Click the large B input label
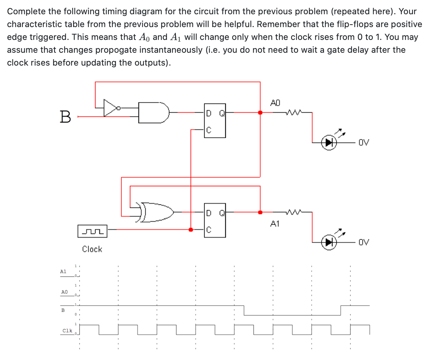[x=65, y=117]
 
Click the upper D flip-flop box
[x=215, y=120]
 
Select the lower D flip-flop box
[x=215, y=220]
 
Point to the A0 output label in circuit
[x=275, y=103]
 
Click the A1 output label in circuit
[x=275, y=224]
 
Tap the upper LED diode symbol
[x=329, y=143]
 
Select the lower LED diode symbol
[x=329, y=242]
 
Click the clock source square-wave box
[x=92, y=231]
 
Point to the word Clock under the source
[x=92, y=249]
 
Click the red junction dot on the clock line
[x=191, y=230]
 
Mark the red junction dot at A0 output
[x=260, y=113]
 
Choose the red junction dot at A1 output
[x=260, y=212]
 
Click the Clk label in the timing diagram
[x=67, y=331]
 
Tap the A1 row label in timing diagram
[x=63, y=272]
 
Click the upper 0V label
[x=364, y=143]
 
